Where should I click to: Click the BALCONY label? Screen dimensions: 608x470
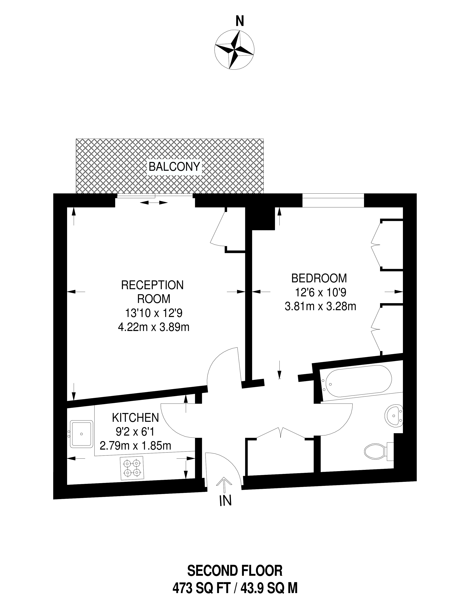(x=174, y=167)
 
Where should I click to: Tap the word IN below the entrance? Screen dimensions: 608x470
(x=225, y=501)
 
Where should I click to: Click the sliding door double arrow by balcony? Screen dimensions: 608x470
(x=154, y=203)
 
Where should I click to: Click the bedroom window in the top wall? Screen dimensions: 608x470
(x=333, y=200)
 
